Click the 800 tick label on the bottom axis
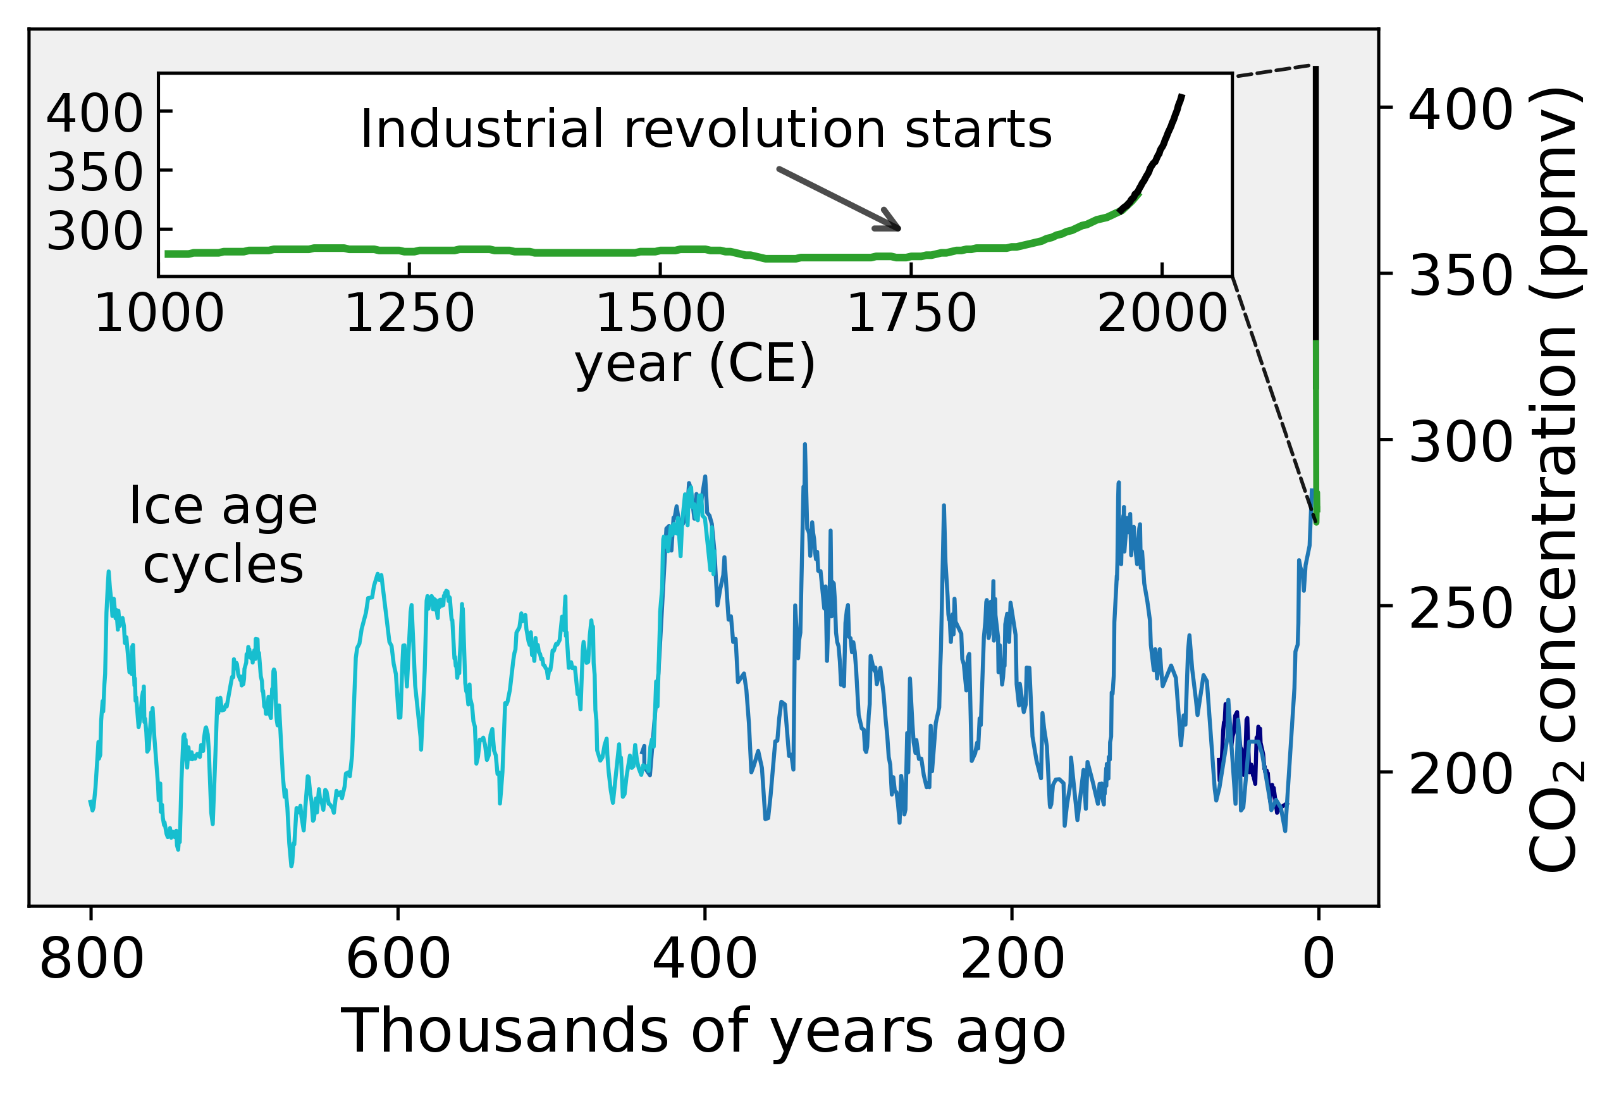(x=91, y=959)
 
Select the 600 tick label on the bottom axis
(x=398, y=959)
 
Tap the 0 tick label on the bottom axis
(x=1318, y=959)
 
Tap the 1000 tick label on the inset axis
(x=159, y=314)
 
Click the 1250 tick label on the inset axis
(x=410, y=314)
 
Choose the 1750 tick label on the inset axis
(x=911, y=314)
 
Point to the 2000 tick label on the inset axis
(x=1161, y=314)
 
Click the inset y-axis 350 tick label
(x=95, y=172)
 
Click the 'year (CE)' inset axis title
(x=694, y=364)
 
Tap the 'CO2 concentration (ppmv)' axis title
(x=1555, y=481)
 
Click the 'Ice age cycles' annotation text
(x=223, y=535)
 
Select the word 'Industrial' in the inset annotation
(x=481, y=130)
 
